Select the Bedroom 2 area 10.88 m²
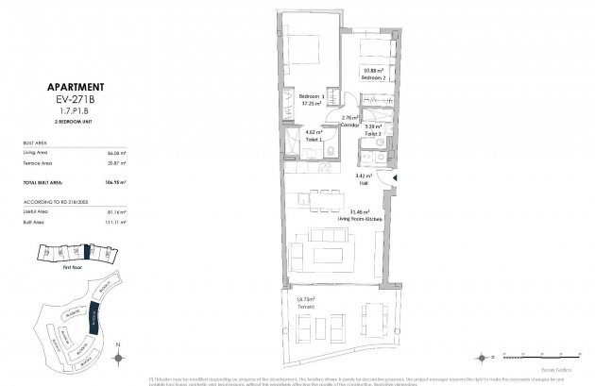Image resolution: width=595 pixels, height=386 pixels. [x=375, y=72]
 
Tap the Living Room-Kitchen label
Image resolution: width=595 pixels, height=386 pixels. [x=364, y=216]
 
